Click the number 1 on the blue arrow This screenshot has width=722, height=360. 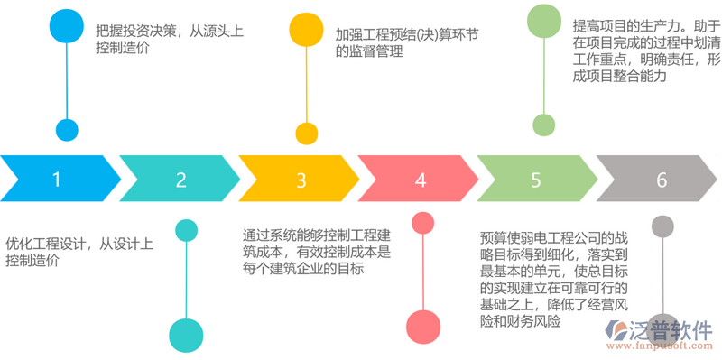point(57,179)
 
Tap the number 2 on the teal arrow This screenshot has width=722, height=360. point(180,179)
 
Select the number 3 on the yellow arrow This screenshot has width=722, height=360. point(301,179)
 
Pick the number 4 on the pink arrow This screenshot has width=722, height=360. point(421,179)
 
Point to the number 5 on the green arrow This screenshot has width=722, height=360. point(536,179)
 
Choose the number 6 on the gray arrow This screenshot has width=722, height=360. point(662,179)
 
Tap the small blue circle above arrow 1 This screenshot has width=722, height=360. point(67,129)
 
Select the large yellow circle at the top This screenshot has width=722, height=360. point(308,31)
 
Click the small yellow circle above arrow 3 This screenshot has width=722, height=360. point(308,134)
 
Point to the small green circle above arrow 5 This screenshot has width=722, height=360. point(542,125)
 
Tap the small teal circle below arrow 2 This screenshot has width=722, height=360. point(186,230)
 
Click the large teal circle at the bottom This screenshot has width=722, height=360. point(186,335)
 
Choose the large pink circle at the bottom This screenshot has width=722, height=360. point(421,326)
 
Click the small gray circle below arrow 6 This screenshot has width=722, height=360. point(663,226)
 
